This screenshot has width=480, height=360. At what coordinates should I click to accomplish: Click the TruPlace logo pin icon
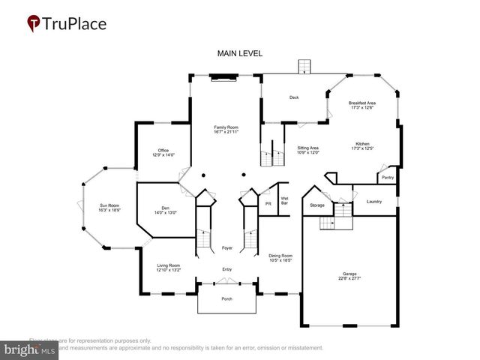pyautogui.click(x=34, y=23)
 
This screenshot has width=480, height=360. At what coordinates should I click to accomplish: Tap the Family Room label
pyautogui.click(x=226, y=130)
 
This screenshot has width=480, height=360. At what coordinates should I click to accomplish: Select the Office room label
pyautogui.click(x=163, y=152)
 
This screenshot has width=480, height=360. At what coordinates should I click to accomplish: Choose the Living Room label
pyautogui.click(x=169, y=267)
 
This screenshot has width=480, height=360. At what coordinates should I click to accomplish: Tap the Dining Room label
pyautogui.click(x=280, y=258)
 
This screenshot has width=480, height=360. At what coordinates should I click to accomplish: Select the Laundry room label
pyautogui.click(x=374, y=202)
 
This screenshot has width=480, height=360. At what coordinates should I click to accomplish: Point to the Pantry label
pyautogui.click(x=387, y=177)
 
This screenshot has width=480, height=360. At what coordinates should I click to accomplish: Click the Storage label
pyautogui.click(x=317, y=204)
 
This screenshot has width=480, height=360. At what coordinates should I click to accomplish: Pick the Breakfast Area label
pyautogui.click(x=362, y=105)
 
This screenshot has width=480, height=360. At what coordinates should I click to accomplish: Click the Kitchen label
pyautogui.click(x=363, y=145)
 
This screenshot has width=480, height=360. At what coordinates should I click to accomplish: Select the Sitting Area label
pyautogui.click(x=308, y=150)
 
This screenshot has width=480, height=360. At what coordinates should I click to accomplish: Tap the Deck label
pyautogui.click(x=295, y=97)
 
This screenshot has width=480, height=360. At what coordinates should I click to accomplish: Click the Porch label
pyautogui.click(x=226, y=299)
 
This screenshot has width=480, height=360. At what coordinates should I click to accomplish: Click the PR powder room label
pyautogui.click(x=268, y=203)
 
